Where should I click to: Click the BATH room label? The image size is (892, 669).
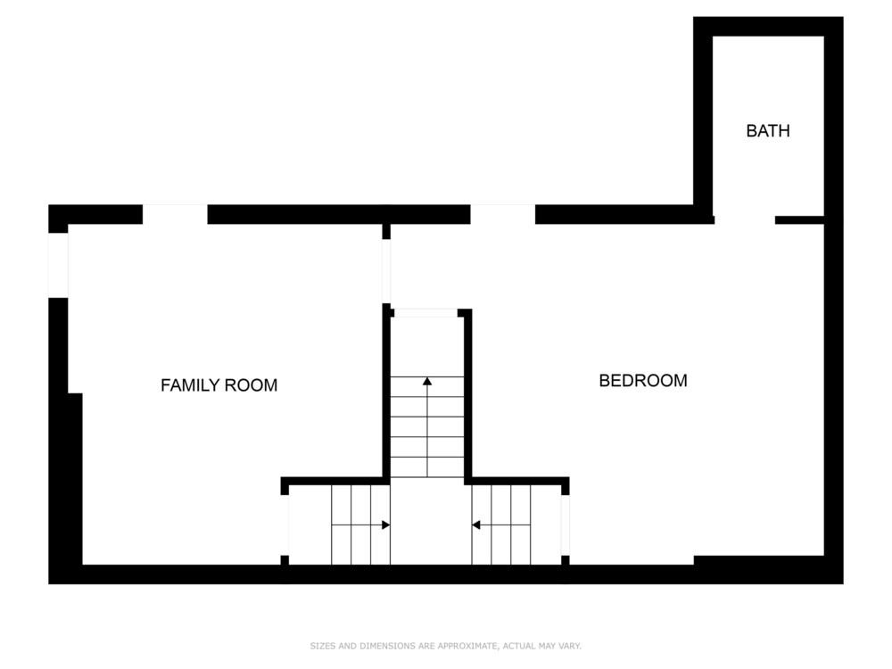click(x=767, y=131)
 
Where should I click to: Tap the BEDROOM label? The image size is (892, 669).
click(x=643, y=381)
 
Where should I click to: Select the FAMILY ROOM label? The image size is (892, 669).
click(x=219, y=385)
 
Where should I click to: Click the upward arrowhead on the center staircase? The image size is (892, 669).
click(x=427, y=381)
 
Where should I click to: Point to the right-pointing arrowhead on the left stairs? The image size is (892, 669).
click(x=385, y=524)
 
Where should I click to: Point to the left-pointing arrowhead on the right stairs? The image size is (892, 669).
click(x=476, y=524)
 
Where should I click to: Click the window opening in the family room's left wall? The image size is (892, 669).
click(x=58, y=265)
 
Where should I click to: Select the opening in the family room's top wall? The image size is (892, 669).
click(x=175, y=214)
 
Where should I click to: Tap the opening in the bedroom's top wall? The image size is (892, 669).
click(x=503, y=214)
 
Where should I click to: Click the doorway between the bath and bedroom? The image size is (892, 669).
click(x=745, y=219)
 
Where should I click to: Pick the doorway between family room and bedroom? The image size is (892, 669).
click(x=386, y=271)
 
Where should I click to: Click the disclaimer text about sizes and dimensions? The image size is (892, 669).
click(x=445, y=646)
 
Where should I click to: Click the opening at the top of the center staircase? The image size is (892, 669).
click(x=426, y=313)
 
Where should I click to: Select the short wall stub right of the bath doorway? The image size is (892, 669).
click(x=799, y=219)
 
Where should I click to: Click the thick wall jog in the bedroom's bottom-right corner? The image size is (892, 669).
click(x=759, y=560)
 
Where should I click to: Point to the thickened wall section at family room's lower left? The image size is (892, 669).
click(x=75, y=478)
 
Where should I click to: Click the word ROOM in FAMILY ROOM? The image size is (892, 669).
click(x=252, y=385)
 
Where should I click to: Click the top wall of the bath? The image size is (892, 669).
click(x=768, y=27)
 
